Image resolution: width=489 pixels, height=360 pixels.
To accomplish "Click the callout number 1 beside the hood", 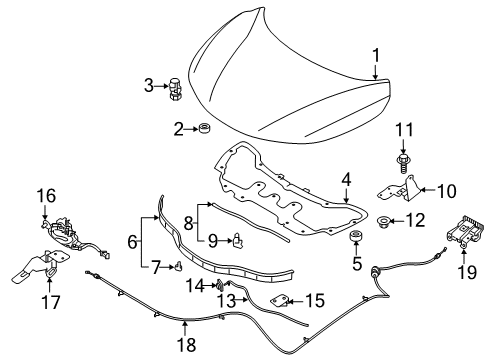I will point(377,55).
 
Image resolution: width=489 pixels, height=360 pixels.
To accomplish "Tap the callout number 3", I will point(148,86).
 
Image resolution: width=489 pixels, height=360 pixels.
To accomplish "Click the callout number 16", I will point(46,196).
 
